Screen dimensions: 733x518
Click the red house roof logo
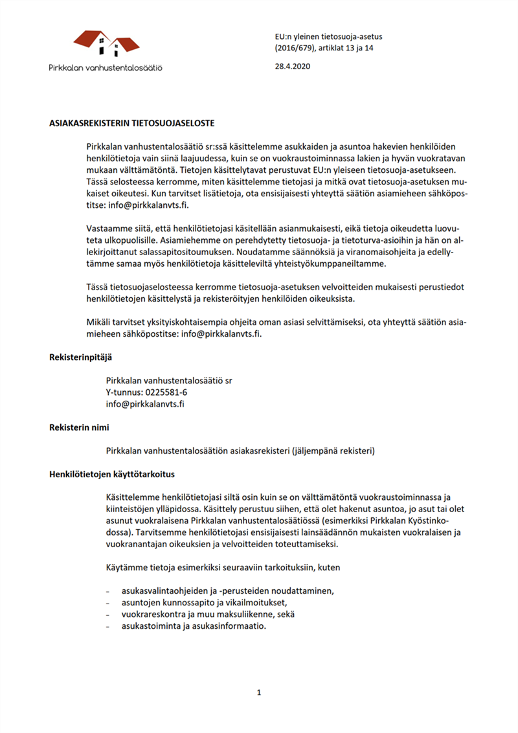106,44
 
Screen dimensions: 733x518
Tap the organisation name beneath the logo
106,67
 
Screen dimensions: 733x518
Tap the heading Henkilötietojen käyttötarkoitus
112,474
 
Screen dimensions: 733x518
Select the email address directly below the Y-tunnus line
146,404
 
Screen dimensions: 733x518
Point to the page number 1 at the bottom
258,692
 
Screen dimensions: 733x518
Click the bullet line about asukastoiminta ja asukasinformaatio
194,626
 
